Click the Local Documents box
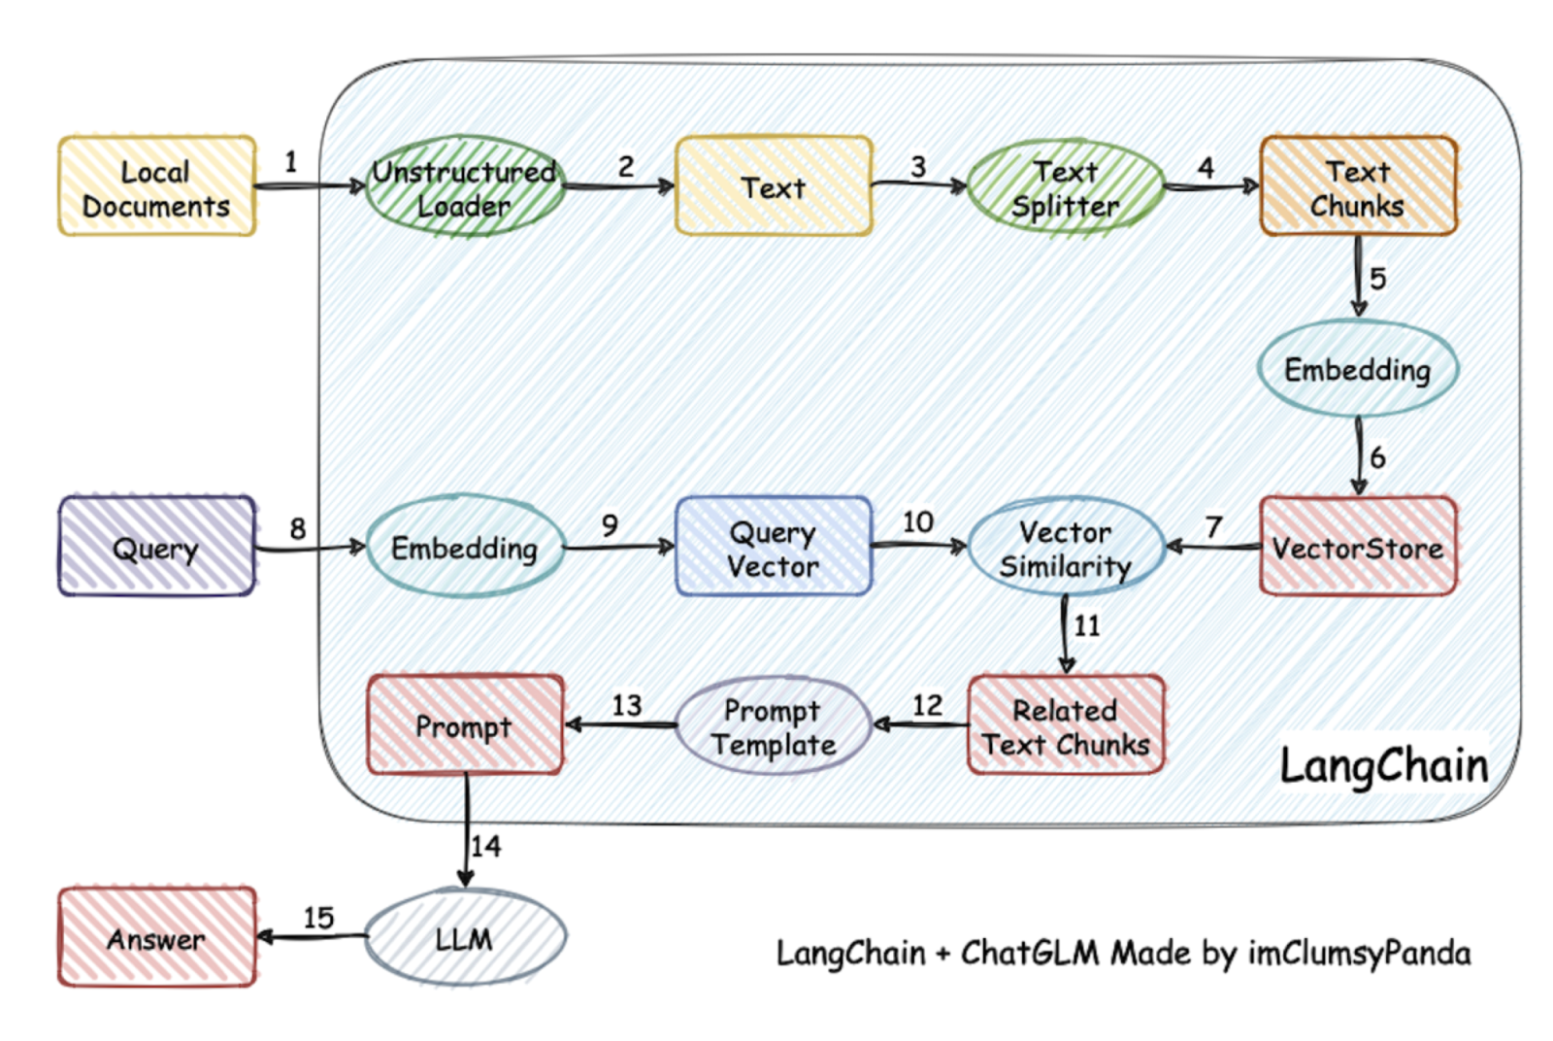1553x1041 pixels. click(x=157, y=185)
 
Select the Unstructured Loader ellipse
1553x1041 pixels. click(x=465, y=185)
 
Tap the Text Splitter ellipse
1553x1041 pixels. click(x=1066, y=185)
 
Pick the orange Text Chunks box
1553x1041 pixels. click(x=1358, y=185)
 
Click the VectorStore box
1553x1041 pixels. click(x=1358, y=546)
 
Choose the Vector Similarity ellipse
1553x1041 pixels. click(x=1066, y=547)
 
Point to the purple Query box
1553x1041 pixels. click(x=156, y=546)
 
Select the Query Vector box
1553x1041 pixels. click(x=774, y=546)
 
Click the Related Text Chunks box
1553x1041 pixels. click(x=1066, y=724)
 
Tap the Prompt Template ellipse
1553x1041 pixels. click(x=773, y=725)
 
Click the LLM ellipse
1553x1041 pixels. click(x=465, y=937)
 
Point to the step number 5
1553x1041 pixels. click(x=1377, y=279)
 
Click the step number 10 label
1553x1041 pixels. click(x=918, y=522)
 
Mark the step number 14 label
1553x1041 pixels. click(x=486, y=846)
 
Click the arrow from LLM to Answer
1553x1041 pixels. click(x=312, y=937)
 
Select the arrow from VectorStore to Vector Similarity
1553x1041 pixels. click(x=1212, y=547)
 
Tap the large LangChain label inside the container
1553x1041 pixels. click(x=1384, y=765)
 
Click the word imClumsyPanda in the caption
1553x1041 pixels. click(x=1360, y=954)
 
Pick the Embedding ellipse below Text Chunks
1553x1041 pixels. click(x=1358, y=369)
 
